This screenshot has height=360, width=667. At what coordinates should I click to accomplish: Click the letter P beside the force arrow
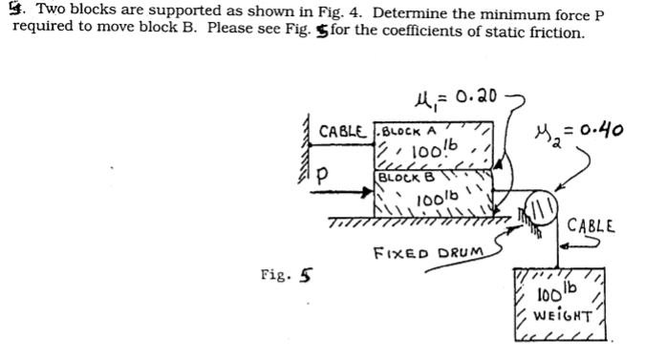tap(326, 176)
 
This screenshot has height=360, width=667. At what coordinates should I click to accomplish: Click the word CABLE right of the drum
tap(592, 228)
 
